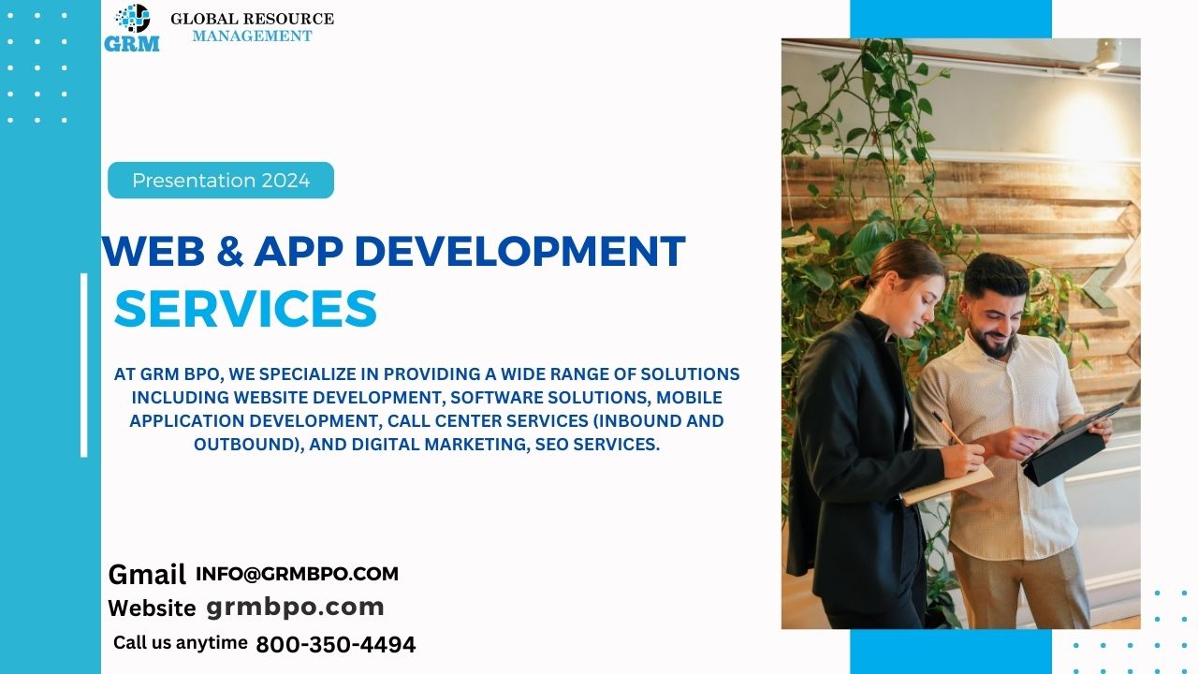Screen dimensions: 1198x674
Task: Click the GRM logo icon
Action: coord(132,28)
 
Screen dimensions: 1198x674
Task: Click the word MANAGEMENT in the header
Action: coord(252,36)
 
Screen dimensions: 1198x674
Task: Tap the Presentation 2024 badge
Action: coord(221,181)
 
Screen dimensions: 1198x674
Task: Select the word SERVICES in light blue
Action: coord(245,308)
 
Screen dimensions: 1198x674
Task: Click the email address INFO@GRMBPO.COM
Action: coord(297,574)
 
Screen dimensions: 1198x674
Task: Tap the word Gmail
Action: coord(147,575)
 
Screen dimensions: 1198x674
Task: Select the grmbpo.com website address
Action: coord(295,608)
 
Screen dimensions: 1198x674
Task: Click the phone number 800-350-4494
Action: coord(336,645)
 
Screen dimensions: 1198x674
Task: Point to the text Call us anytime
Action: coord(181,642)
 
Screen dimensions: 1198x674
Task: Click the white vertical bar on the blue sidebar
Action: coord(84,365)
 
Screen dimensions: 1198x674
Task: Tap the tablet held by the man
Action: coord(1072,445)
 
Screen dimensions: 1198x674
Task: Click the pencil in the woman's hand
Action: coord(948,428)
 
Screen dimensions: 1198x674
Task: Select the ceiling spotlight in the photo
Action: coord(1107,54)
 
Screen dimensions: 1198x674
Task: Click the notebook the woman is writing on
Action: coord(947,485)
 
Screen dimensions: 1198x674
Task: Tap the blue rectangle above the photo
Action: coord(951,20)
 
